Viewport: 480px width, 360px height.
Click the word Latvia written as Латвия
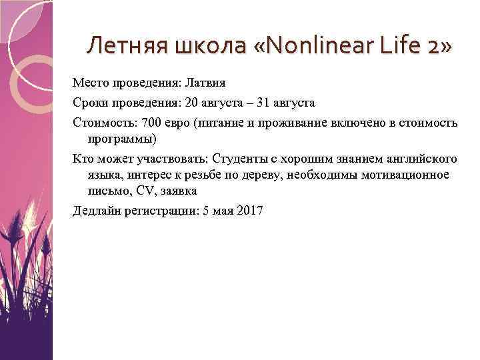[205, 84]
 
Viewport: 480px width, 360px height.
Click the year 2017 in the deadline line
[251, 211]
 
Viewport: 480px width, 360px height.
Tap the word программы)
[121, 139]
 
